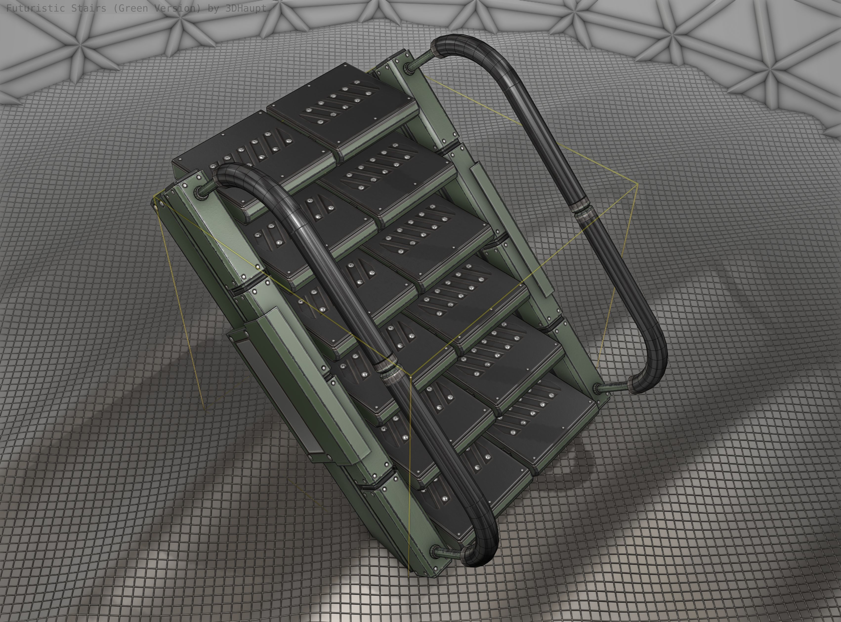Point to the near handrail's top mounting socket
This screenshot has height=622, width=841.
click(199, 192)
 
